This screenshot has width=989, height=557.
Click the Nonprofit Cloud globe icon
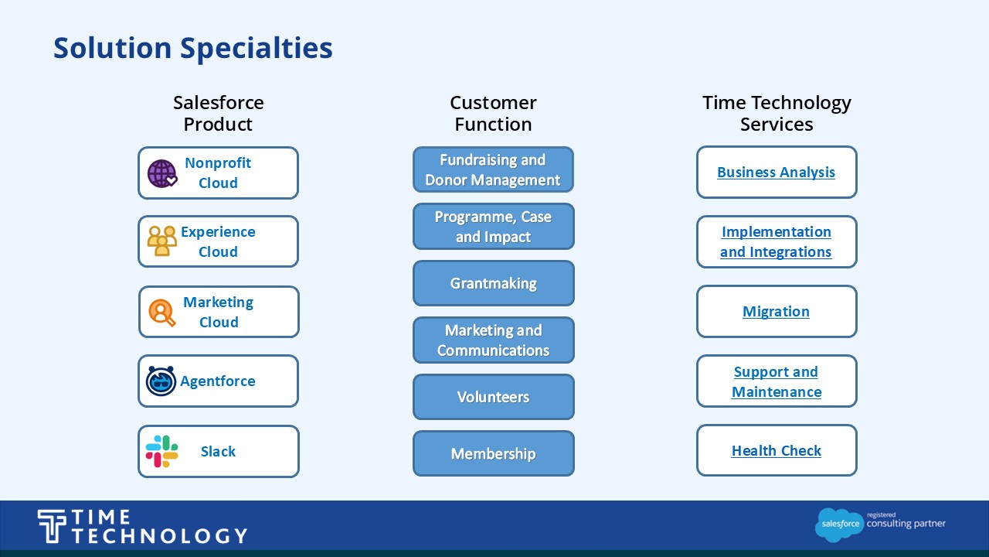coord(162,174)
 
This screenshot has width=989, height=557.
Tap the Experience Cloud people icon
coord(161,241)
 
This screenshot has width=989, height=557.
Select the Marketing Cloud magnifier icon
coord(161,313)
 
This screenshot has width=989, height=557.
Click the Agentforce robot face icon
coord(161,381)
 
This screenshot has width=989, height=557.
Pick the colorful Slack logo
coord(161,451)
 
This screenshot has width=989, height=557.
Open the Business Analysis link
coord(776,172)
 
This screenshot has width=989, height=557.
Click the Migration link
coord(776,311)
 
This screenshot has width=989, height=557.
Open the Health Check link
coord(777,450)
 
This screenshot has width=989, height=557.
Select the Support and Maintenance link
coord(777,381)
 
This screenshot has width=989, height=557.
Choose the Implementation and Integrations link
coord(776,242)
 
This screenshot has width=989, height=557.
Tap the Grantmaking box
coord(493,283)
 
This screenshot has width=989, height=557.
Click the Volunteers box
coord(493,397)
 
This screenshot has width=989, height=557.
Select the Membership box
coord(493,453)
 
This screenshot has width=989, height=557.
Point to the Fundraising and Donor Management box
coord(493,169)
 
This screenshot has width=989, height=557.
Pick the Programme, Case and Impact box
coord(493,227)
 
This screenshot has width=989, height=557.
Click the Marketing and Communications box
coord(493,340)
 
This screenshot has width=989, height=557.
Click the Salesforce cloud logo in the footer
coord(839,525)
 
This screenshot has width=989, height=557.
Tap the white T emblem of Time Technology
coord(52,525)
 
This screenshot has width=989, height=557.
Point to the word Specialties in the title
coord(257,49)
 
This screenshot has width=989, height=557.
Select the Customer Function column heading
coord(493,113)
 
